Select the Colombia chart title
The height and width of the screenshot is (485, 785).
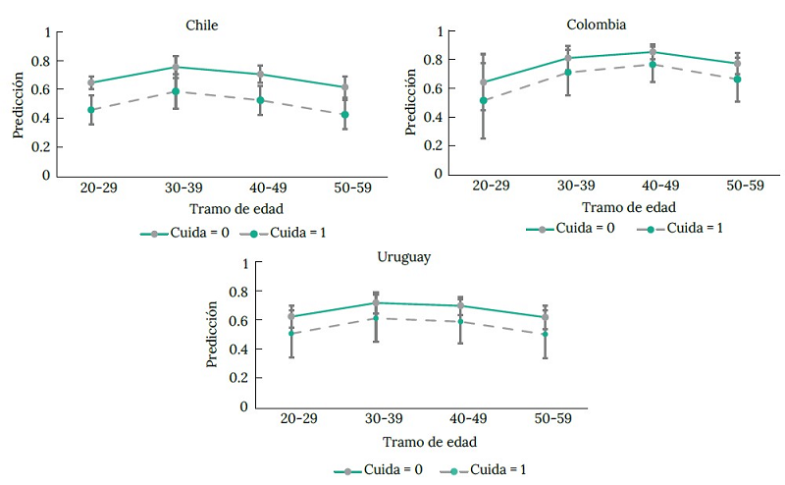tap(596, 24)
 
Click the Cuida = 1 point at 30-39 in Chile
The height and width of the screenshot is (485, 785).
tap(176, 91)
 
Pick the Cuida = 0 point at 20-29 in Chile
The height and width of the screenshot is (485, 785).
tap(91, 83)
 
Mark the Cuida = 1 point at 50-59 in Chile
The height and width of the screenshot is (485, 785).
tap(344, 115)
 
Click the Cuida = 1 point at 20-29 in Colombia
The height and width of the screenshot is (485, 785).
tap(482, 100)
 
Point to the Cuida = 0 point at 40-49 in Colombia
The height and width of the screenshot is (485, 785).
tap(652, 52)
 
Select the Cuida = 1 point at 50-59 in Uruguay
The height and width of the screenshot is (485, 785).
tap(545, 334)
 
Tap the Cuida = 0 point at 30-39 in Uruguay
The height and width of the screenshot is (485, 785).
tap(375, 302)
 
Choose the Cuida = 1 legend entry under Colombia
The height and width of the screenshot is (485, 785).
tap(682, 228)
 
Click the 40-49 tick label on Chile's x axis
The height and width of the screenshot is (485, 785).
tap(260, 188)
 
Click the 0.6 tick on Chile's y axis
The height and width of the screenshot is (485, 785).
tap(44, 89)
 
